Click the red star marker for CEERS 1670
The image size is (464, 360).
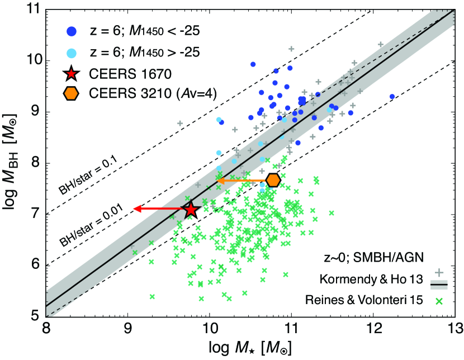pyautogui.click(x=191, y=210)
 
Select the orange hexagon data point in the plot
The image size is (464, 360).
pyautogui.click(x=273, y=180)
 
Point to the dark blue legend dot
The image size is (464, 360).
pyautogui.click(x=70, y=31)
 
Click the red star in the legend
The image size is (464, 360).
pyautogui.click(x=70, y=73)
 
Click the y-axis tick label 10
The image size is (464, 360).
pyautogui.click(x=32, y=61)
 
